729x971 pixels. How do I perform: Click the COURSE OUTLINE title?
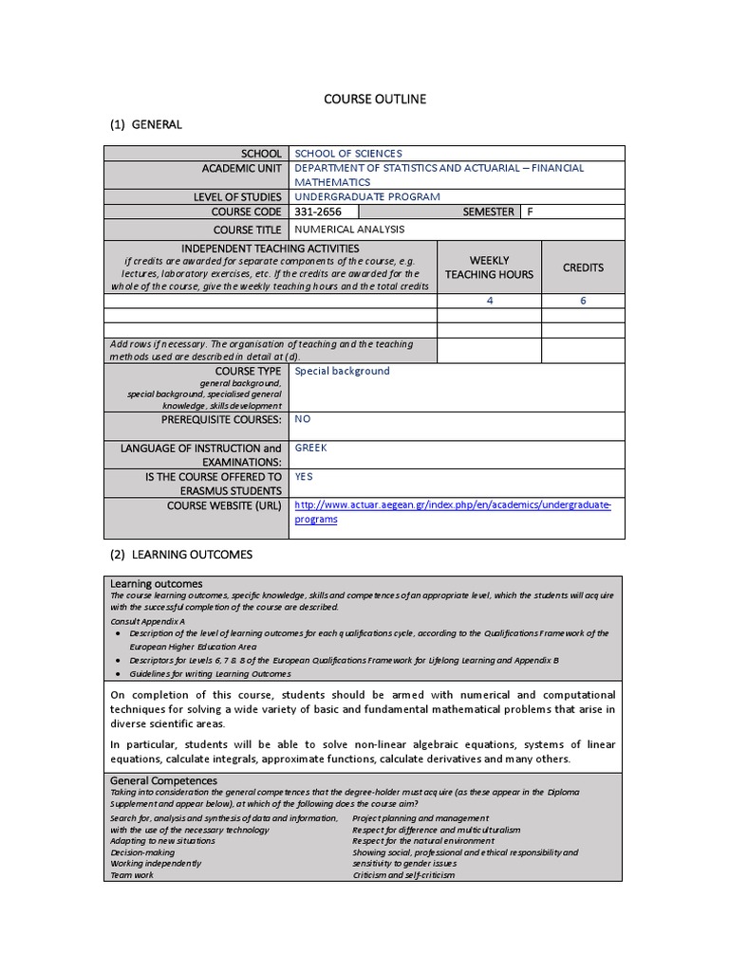pos(375,99)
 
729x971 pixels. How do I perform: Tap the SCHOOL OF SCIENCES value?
pos(348,154)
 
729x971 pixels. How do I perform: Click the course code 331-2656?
pos(318,212)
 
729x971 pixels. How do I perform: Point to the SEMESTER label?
pos(488,212)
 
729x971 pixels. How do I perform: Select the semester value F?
pos(531,212)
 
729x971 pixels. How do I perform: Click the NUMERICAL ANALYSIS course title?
pos(349,229)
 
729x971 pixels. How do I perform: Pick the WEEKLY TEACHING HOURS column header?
pos(489,267)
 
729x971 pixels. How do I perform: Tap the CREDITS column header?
pos(583,267)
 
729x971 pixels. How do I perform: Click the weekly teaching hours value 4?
pos(490,301)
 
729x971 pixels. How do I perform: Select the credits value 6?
pos(583,301)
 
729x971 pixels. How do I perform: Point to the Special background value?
pos(343,371)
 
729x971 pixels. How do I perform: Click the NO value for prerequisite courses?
pos(303,418)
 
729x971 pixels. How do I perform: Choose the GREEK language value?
pos(310,448)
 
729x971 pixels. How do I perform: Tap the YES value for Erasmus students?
pos(305,477)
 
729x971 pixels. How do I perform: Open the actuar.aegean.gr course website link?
pos(453,505)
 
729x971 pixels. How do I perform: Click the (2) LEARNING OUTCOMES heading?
pos(178,554)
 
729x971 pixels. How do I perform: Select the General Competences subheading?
pos(164,780)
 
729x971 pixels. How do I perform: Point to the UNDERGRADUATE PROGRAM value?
pos(367,196)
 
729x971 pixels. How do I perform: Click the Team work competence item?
pos(132,875)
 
